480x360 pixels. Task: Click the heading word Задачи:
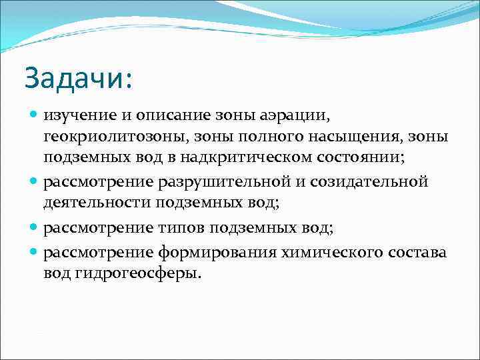(79, 79)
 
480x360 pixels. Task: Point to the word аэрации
(292, 117)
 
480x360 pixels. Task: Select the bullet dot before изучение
(34, 117)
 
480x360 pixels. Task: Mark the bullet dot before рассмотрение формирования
(34, 253)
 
